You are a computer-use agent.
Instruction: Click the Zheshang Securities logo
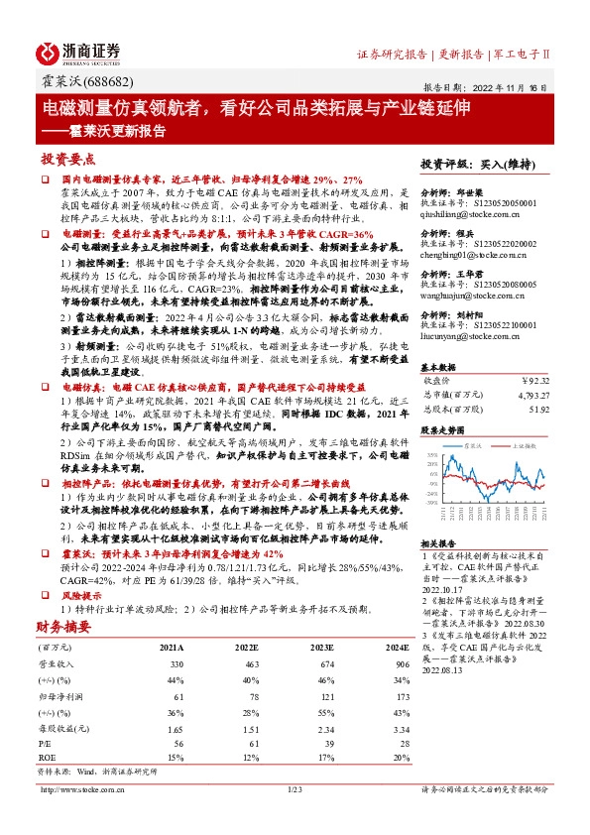point(80,52)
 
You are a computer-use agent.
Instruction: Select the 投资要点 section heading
point(66,158)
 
